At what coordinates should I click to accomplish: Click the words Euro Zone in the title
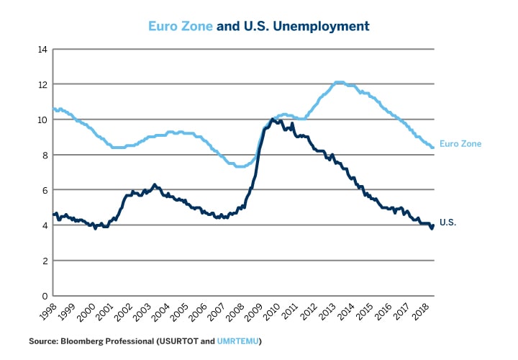coord(181,26)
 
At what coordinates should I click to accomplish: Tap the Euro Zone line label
coord(460,144)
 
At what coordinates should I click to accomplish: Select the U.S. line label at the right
coord(447,223)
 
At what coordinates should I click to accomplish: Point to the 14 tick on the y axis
coord(42,50)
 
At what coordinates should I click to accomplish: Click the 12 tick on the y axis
coord(42,85)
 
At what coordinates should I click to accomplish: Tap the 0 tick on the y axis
coord(45,296)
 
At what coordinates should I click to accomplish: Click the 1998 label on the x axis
coord(47,312)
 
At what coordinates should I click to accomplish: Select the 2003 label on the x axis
coord(140,312)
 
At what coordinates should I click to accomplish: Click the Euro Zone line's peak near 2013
coord(339,83)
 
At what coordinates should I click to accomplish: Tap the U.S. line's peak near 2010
coord(273,120)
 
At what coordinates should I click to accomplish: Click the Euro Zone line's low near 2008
coord(240,166)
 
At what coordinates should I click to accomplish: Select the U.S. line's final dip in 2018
coord(432,228)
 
